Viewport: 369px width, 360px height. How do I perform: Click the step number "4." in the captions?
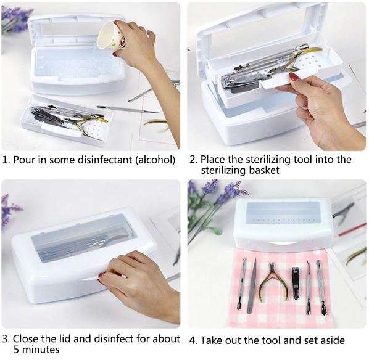193,340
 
